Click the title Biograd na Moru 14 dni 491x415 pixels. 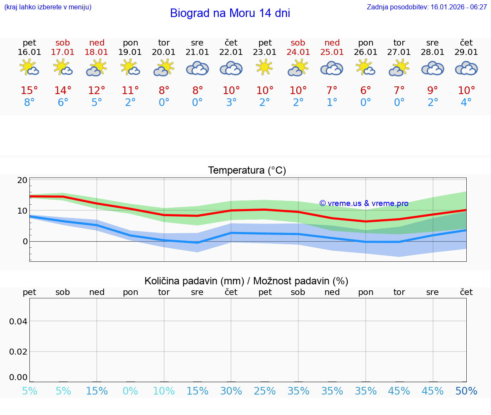[230, 13]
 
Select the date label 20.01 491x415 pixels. [164, 52]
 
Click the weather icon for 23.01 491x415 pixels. [265, 68]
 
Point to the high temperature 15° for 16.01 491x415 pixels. [29, 90]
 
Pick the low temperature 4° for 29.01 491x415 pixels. [466, 103]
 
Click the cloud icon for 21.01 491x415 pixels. [197, 69]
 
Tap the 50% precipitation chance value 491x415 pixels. [466, 391]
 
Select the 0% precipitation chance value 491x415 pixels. [130, 391]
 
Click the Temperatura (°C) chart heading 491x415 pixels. [247, 171]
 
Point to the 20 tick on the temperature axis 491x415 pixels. [22, 180]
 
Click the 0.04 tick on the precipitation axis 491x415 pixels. [19, 321]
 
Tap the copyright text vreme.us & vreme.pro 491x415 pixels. [364, 203]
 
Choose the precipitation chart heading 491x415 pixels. [246, 281]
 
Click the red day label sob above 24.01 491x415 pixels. [298, 43]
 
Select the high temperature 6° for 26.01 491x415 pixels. [366, 90]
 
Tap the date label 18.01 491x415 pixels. [97, 52]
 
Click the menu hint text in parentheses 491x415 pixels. [48, 7]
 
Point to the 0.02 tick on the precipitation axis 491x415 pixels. [19, 352]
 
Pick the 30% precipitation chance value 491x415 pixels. [231, 391]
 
